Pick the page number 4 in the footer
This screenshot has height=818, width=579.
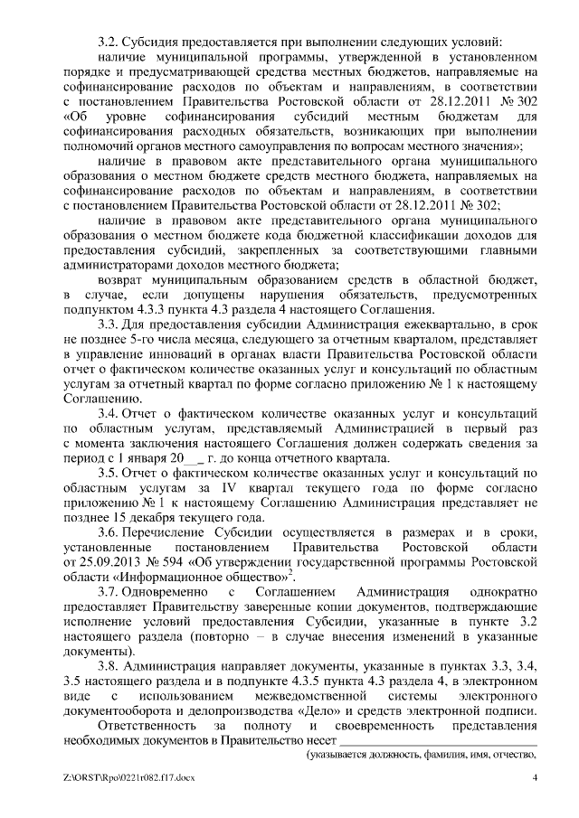536,778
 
